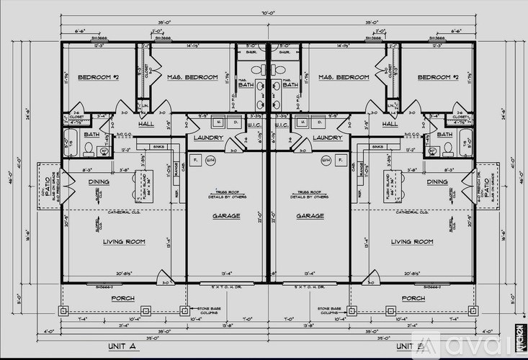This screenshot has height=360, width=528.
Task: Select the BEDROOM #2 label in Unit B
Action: (437, 77)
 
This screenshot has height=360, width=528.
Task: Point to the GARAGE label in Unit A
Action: (226, 216)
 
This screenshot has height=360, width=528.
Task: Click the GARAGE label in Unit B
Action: (309, 216)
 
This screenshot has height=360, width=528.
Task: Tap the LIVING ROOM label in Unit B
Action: (412, 242)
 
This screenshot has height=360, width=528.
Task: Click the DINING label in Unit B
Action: (437, 182)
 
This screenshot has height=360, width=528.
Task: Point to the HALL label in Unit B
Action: (390, 124)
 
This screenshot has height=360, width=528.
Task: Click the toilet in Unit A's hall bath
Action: (88, 149)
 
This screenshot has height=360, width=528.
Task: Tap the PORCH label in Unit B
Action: (413, 297)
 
